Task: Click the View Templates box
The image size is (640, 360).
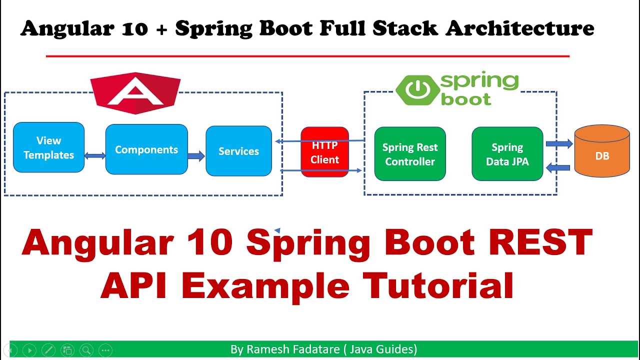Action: coord(48,147)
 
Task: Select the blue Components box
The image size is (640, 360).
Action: coord(146,149)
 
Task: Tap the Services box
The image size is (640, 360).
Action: coord(238,151)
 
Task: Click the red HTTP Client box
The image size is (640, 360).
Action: coord(324,152)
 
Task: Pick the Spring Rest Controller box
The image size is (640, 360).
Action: coord(409,154)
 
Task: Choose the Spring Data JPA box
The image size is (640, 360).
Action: coord(507,154)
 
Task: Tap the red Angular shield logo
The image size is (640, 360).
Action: coord(135,92)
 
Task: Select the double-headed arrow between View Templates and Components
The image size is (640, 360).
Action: coord(95,156)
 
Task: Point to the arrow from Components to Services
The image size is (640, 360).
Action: coord(196,156)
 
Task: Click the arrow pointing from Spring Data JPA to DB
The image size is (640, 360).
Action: coord(559,144)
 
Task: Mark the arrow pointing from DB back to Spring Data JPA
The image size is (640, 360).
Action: coord(559,168)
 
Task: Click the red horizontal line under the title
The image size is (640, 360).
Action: coord(307,56)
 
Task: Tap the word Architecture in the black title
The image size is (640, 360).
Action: coord(519,28)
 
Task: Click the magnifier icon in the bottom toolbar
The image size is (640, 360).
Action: coord(86,350)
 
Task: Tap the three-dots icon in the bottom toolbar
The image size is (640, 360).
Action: coord(105,350)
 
